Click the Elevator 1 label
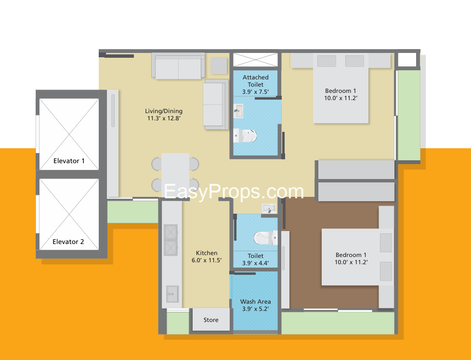pyautogui.click(x=69, y=161)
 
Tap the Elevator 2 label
pyautogui.click(x=68, y=242)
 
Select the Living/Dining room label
pyautogui.click(x=164, y=111)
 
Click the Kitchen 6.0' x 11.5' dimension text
pyautogui.click(x=207, y=260)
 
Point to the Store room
pyautogui.click(x=211, y=320)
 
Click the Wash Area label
pyautogui.click(x=256, y=301)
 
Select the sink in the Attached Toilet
pyautogui.click(x=238, y=111)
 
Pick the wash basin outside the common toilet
pyautogui.click(x=269, y=208)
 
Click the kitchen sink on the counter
pyautogui.click(x=173, y=294)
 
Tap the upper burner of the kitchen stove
pyautogui.click(x=170, y=232)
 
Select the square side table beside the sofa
pyautogui.click(x=219, y=65)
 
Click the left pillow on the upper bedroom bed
pyautogui.click(x=327, y=61)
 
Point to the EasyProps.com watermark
pyautogui.click(x=234, y=192)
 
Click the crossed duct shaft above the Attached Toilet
pyautogui.click(x=256, y=60)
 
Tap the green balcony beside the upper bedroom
pyautogui.click(x=409, y=116)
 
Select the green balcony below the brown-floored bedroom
pyautogui.click(x=338, y=323)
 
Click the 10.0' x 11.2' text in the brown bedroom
pyautogui.click(x=351, y=262)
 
